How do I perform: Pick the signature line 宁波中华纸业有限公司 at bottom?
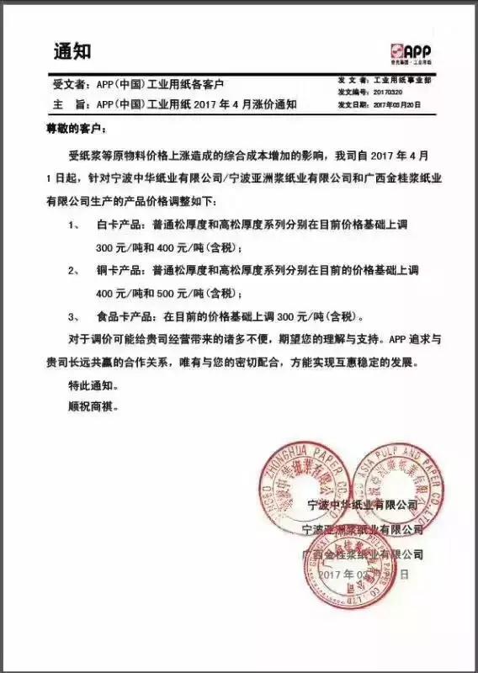point(364,505)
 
